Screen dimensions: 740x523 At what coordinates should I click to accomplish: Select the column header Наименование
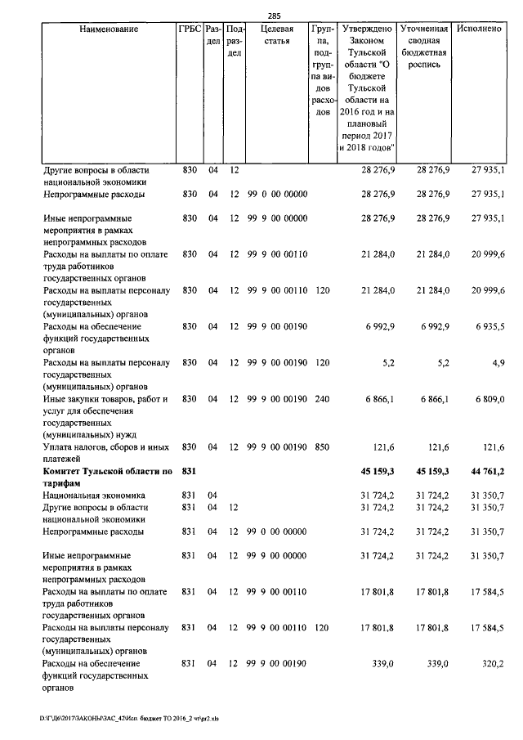click(x=109, y=29)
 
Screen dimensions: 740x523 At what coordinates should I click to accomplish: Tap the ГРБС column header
click(x=189, y=29)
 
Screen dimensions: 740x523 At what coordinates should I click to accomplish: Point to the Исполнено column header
click(x=480, y=29)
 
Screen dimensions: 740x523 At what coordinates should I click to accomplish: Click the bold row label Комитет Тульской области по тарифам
click(x=107, y=476)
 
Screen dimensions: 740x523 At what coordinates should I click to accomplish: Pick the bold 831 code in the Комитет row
click(x=190, y=470)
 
